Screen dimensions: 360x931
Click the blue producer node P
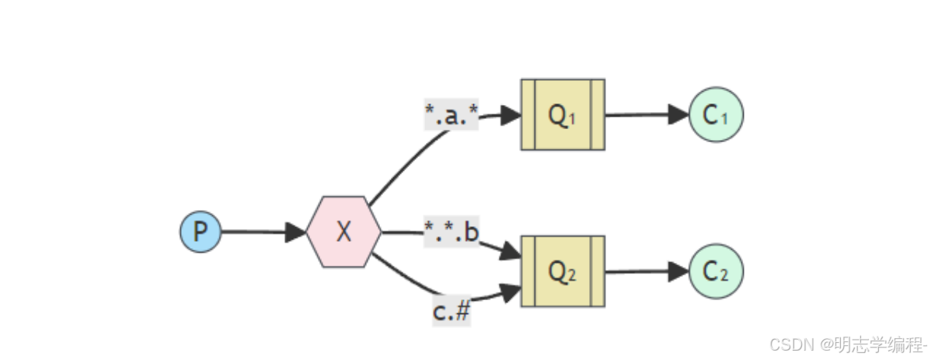click(200, 232)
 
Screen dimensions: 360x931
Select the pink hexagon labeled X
click(343, 232)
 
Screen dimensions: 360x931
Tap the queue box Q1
click(563, 115)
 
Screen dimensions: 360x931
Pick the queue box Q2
click(563, 271)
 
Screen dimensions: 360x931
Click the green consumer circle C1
click(716, 114)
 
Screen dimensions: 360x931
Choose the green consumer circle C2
click(716, 271)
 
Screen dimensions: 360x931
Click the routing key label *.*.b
click(452, 232)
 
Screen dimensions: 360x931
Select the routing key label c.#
click(452, 312)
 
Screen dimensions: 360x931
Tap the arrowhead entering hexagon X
click(297, 232)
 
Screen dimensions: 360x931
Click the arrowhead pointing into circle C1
click(679, 114)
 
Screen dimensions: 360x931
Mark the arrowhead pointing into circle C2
click(679, 271)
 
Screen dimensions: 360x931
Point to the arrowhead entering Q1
click(511, 115)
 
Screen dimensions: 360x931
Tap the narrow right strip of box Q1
click(597, 115)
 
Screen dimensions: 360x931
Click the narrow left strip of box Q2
click(528, 271)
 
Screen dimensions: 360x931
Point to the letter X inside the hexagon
click(343, 232)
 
